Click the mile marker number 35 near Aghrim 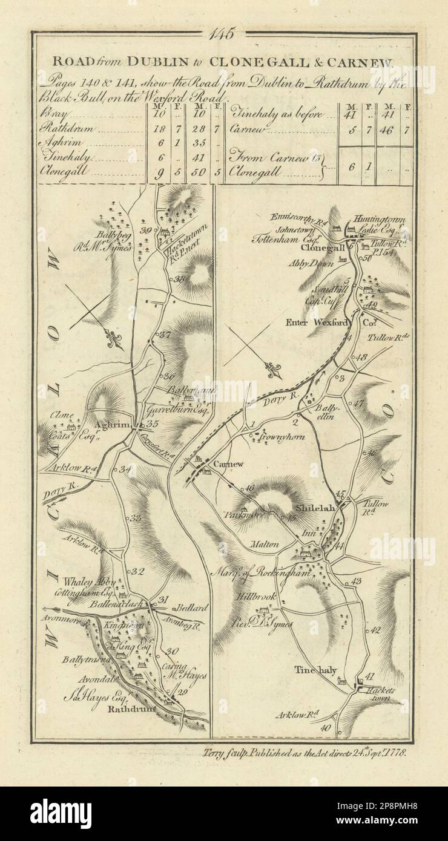(152, 424)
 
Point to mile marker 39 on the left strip (144, 230)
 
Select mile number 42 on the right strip (375, 630)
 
